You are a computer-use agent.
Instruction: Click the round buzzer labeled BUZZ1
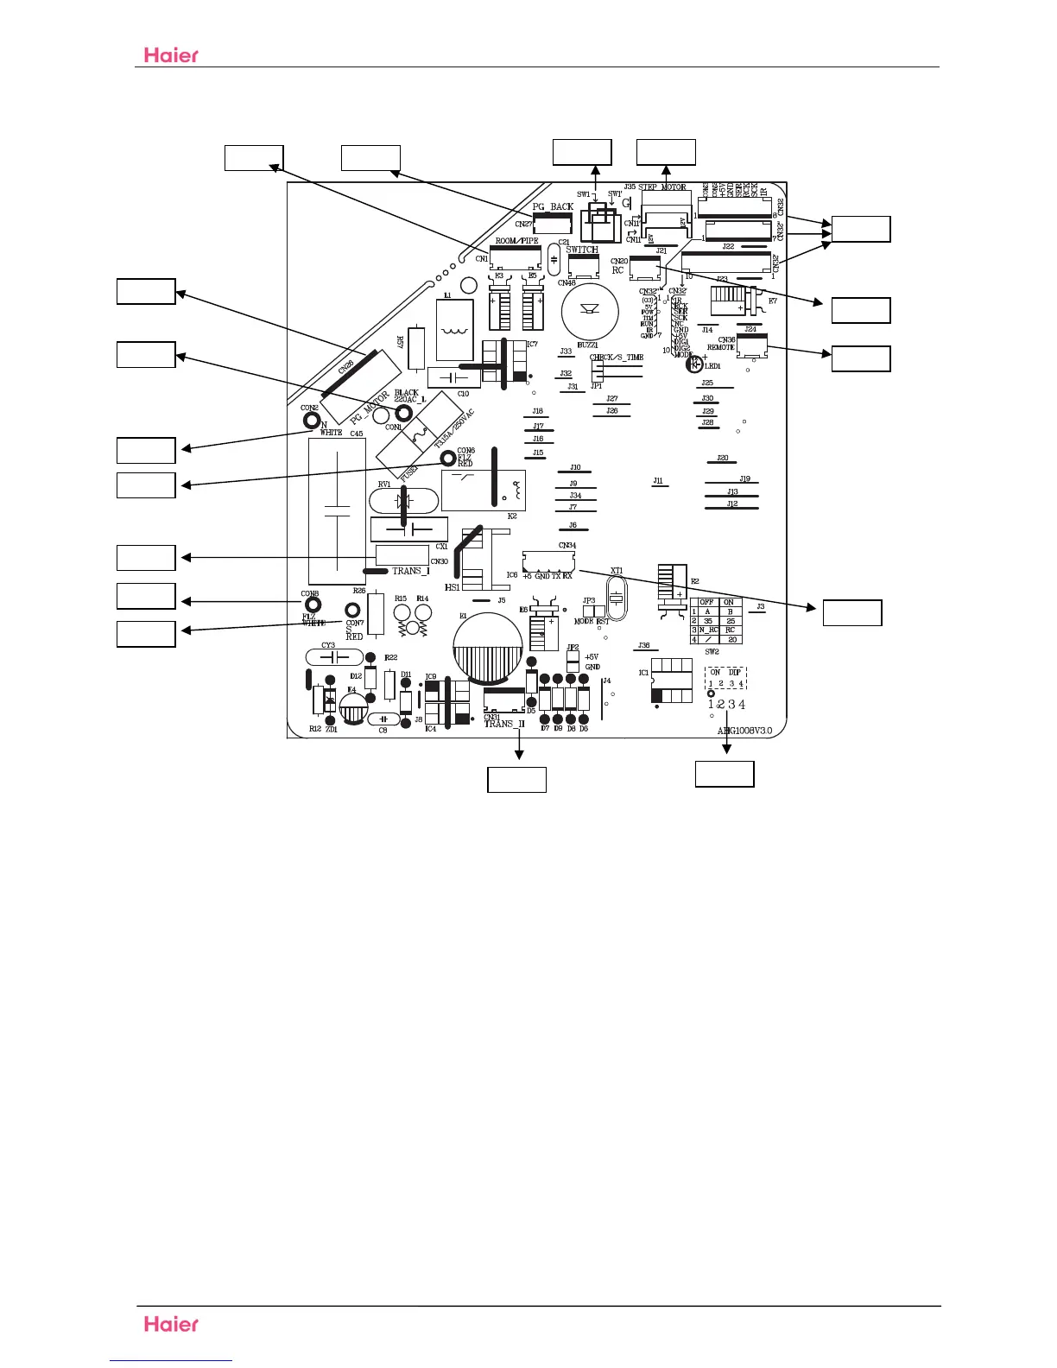pos(591,312)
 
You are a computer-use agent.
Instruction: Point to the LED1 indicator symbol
pos(693,364)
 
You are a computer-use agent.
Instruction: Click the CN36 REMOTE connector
pos(752,346)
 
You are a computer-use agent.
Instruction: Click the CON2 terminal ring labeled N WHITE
pos(311,421)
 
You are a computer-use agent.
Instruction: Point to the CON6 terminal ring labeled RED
pos(447,458)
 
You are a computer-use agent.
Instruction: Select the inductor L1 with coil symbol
pos(455,330)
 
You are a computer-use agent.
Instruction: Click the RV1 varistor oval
pos(402,501)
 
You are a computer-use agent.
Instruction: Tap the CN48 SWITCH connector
pos(583,266)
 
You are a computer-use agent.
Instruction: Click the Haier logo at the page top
pos(171,54)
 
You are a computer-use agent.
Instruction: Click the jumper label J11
pos(659,481)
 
